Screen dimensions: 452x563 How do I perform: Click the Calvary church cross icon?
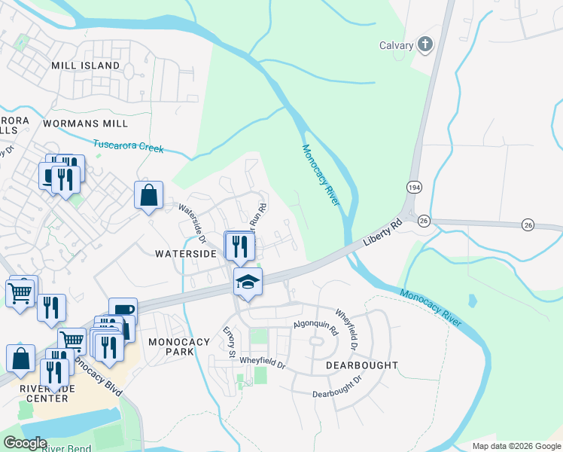(x=425, y=44)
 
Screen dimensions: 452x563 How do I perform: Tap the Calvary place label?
(x=396, y=45)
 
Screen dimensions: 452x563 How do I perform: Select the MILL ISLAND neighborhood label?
(x=86, y=66)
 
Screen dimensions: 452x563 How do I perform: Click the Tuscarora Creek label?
(x=128, y=145)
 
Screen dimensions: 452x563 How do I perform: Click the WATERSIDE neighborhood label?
(x=186, y=254)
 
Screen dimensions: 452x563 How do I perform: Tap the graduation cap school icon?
(x=248, y=282)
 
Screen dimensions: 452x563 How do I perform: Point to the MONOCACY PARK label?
(x=179, y=347)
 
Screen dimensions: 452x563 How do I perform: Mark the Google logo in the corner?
(x=24, y=442)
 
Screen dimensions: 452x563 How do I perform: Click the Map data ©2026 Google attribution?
(x=516, y=446)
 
